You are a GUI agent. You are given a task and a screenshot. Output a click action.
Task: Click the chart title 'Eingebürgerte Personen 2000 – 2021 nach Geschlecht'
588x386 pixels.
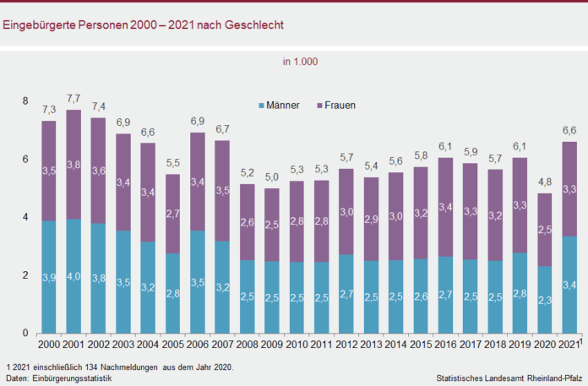143,24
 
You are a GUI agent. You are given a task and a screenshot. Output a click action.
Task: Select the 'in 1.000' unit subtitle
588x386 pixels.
300,61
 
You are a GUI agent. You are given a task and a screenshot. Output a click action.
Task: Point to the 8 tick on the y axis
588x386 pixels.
24,101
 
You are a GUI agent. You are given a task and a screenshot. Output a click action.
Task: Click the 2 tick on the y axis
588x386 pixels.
24,275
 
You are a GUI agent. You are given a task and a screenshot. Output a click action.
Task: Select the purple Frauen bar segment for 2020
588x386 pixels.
546,230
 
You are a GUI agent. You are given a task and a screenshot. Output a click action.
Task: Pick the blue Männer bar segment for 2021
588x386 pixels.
570,284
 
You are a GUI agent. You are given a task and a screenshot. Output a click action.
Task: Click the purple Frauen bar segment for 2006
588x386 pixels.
198,182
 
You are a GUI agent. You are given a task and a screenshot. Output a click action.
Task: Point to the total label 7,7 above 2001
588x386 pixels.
73,100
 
